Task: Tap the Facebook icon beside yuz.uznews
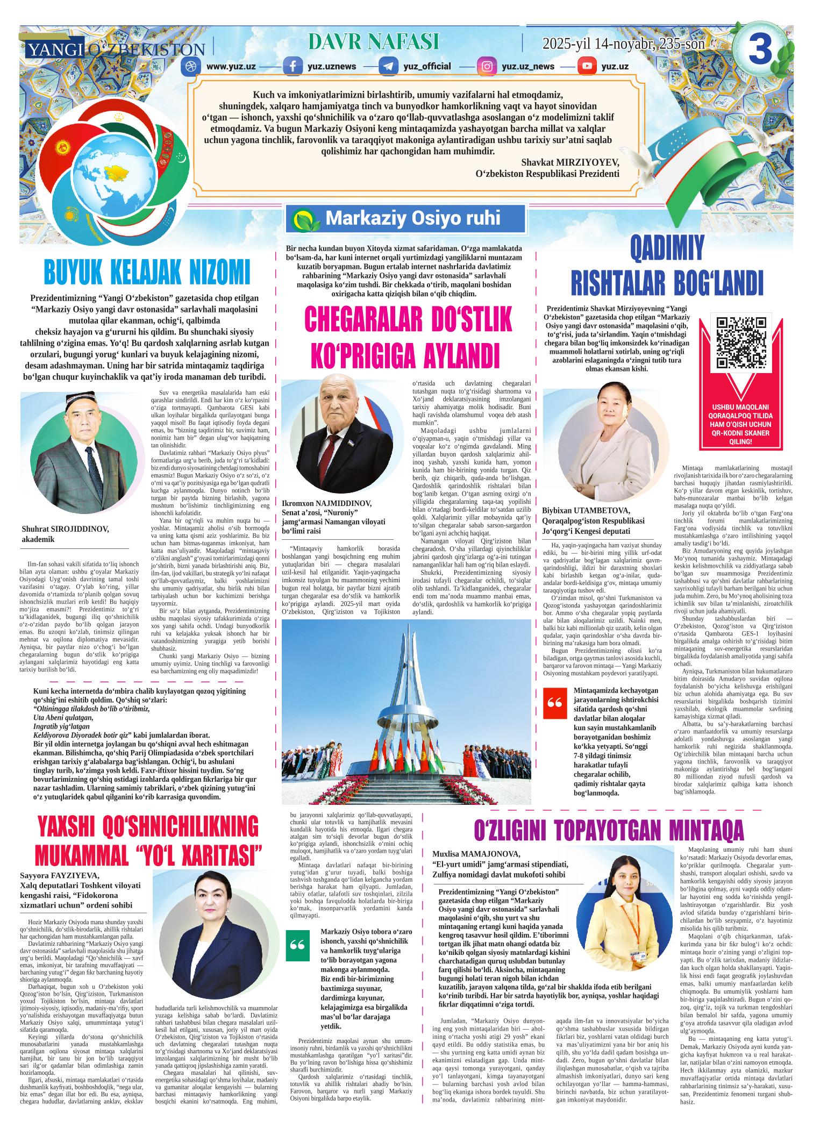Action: click(293, 67)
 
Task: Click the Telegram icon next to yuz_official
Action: click(388, 67)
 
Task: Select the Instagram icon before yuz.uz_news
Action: click(487, 67)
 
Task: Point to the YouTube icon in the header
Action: click(587, 67)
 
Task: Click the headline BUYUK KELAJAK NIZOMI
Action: click(146, 273)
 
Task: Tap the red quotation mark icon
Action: click(554, 704)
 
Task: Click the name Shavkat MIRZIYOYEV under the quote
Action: click(570, 162)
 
